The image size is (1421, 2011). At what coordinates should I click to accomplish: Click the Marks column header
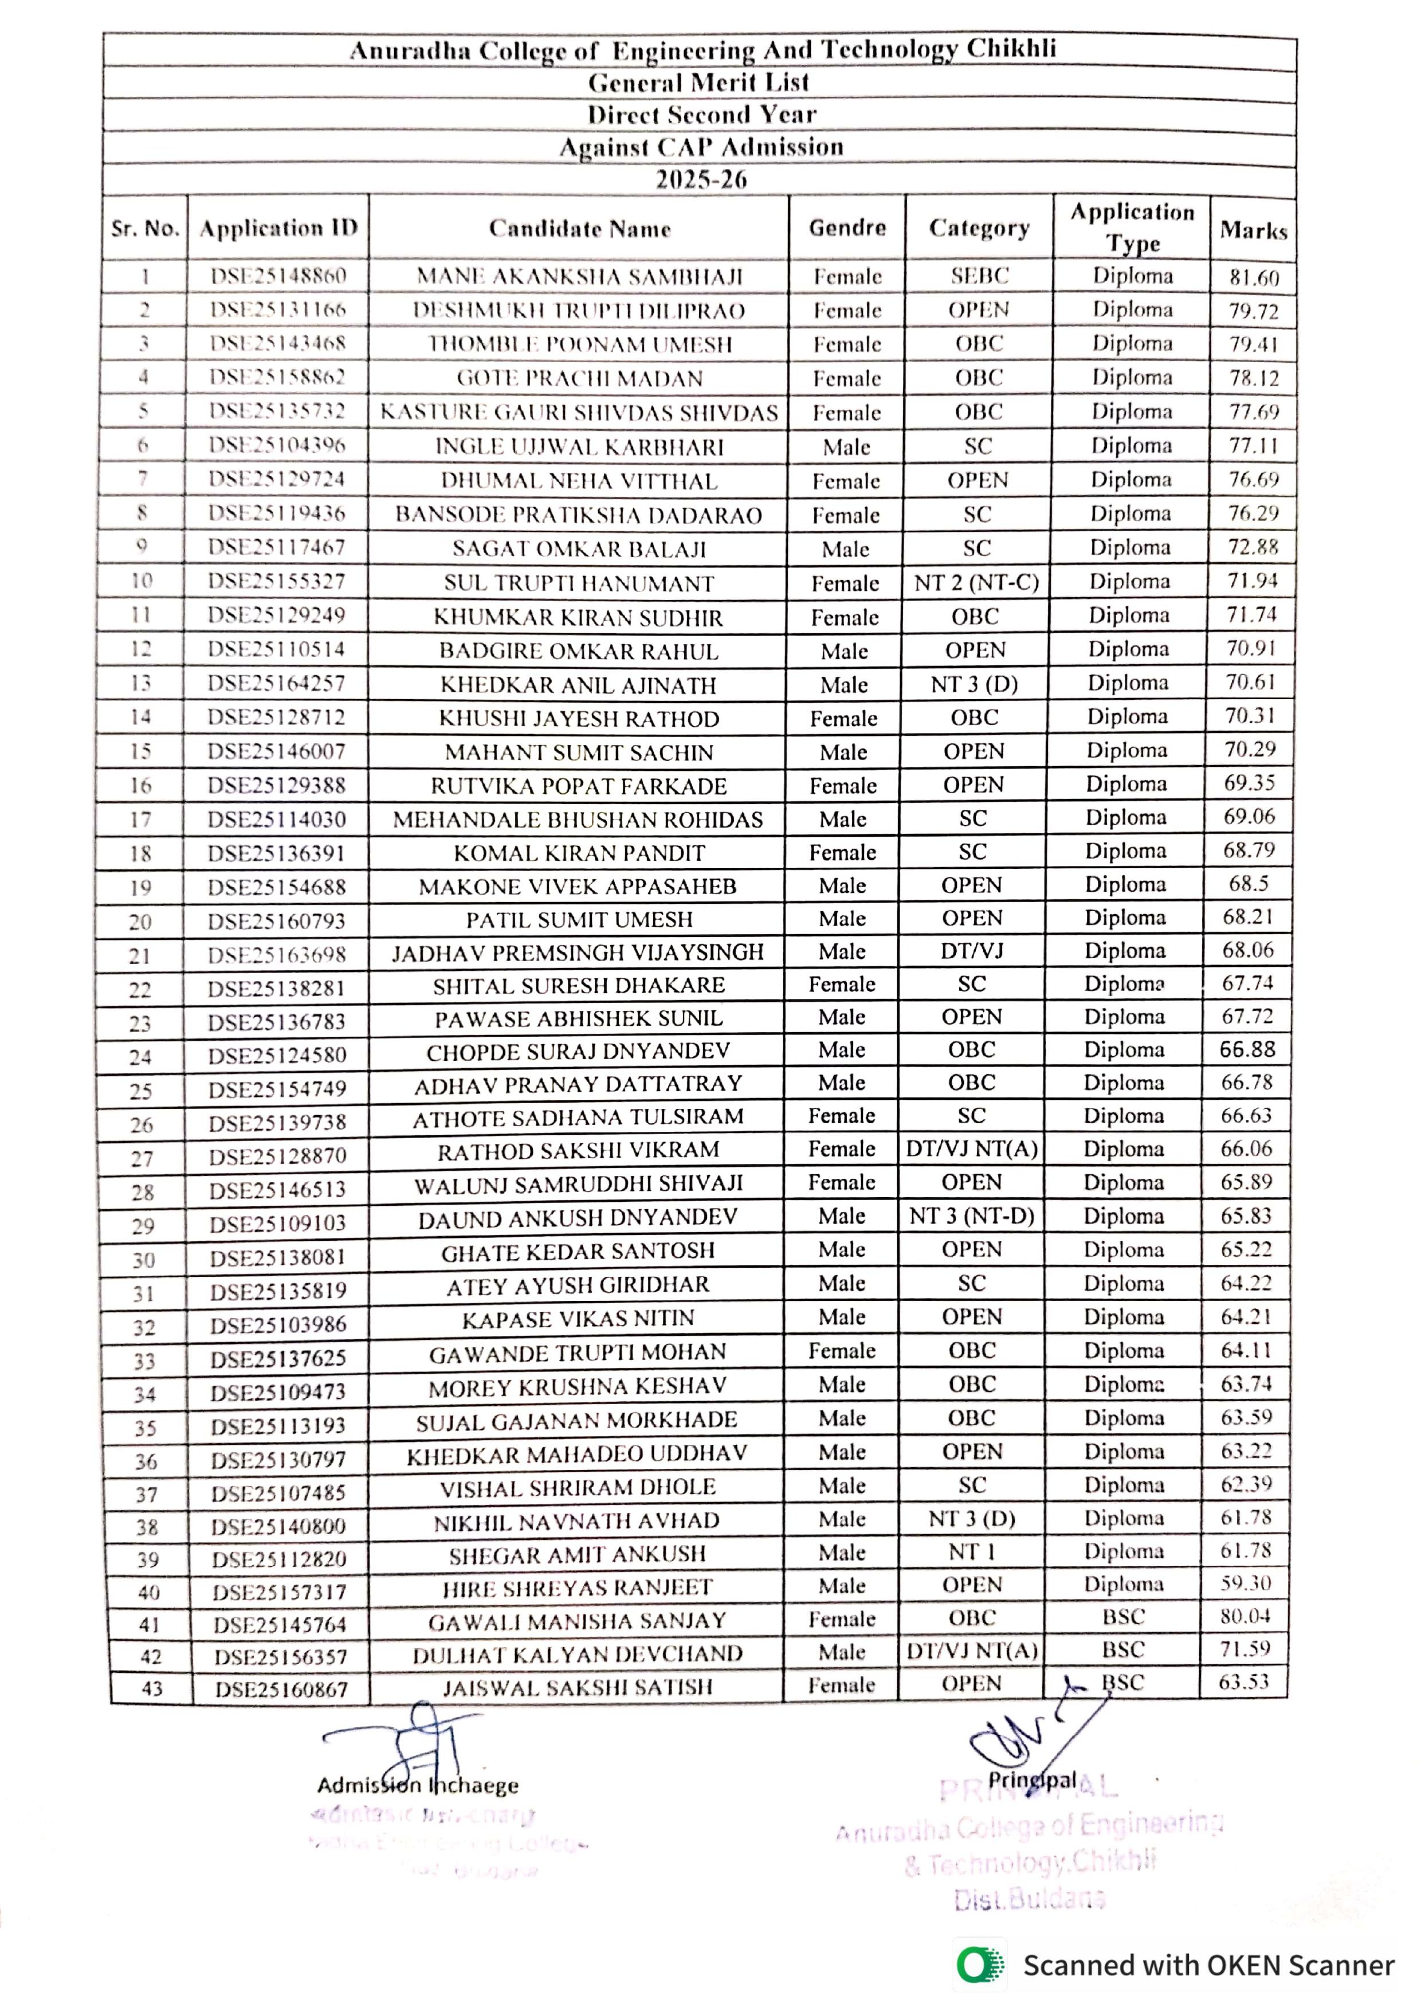coord(1253,230)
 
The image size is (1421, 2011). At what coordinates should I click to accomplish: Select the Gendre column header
coord(847,228)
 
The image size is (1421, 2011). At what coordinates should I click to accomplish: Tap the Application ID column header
coord(278,228)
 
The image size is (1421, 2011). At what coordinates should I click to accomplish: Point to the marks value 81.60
coord(1254,277)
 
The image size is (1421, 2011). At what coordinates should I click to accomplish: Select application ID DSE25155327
coord(277,581)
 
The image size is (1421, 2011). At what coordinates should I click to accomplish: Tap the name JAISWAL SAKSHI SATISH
coord(577,1687)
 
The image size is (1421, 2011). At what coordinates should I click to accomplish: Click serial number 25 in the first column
coord(141,1091)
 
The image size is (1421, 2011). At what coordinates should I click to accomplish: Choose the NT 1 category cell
coord(972,1551)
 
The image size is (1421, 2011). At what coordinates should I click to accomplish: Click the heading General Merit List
coord(698,83)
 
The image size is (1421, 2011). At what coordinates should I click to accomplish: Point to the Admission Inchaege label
coord(418,1785)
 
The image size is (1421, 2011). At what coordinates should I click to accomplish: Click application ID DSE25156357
coord(281,1656)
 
